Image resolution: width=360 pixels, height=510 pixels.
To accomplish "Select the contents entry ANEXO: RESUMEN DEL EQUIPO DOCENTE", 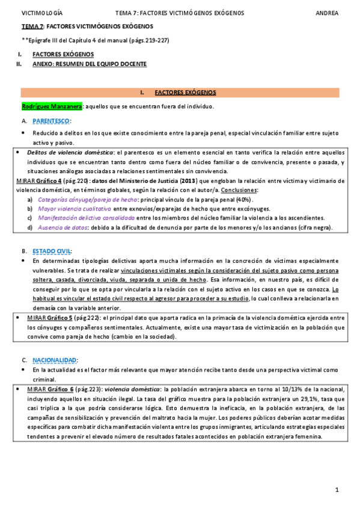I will click(x=89, y=63).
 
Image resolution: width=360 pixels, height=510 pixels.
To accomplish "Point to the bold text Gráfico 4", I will click(x=49, y=180).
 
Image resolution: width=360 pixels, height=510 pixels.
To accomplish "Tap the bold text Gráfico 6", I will click(x=61, y=389).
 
